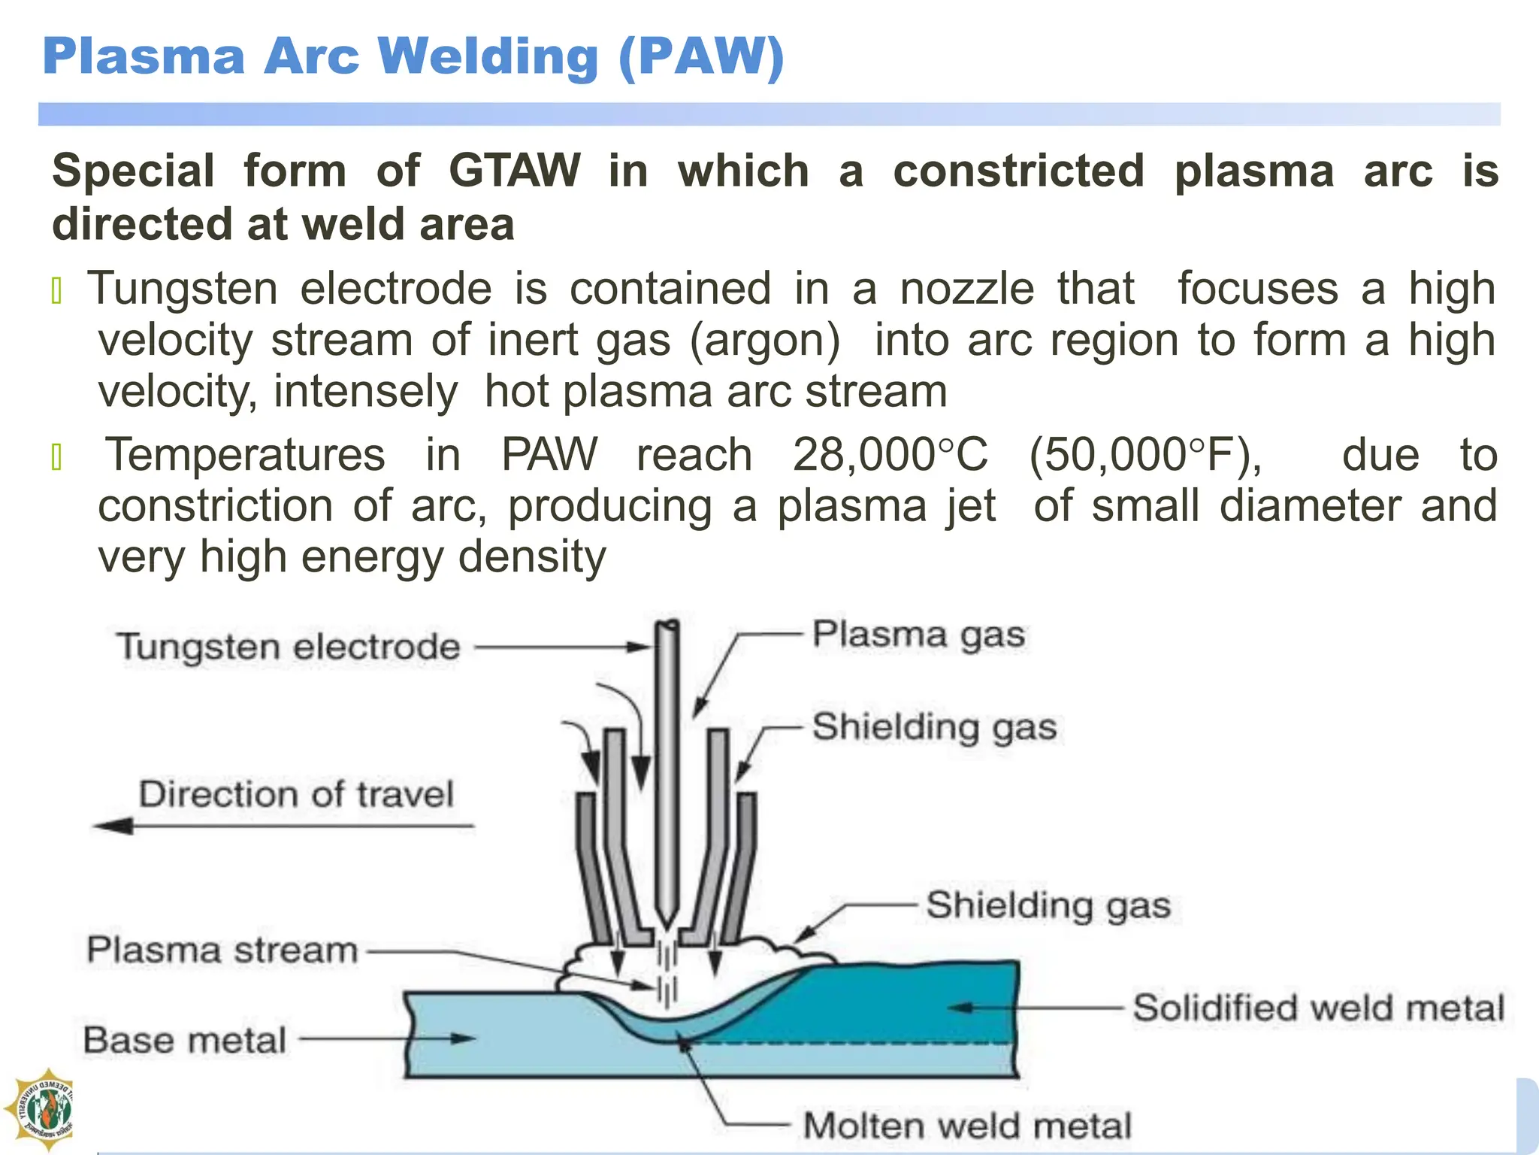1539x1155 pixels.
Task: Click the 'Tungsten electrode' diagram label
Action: click(x=288, y=647)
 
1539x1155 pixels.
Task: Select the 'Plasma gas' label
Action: click(x=918, y=635)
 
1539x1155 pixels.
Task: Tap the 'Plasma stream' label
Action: click(x=222, y=950)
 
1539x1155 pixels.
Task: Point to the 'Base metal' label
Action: click(x=185, y=1041)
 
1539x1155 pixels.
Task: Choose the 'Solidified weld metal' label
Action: click(x=1319, y=1008)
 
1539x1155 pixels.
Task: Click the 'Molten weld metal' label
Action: click(x=967, y=1126)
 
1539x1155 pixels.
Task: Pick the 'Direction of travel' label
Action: click(x=296, y=794)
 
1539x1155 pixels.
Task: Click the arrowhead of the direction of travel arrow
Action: click(x=113, y=826)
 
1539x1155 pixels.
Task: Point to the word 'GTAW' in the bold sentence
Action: click(x=515, y=171)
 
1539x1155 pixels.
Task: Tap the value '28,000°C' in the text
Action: click(x=890, y=455)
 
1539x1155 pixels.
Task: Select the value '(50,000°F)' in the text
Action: click(x=1145, y=455)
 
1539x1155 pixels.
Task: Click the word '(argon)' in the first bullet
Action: click(x=765, y=340)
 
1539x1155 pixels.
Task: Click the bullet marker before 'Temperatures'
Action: click(x=56, y=456)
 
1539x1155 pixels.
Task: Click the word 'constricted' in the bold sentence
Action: click(x=1018, y=171)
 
